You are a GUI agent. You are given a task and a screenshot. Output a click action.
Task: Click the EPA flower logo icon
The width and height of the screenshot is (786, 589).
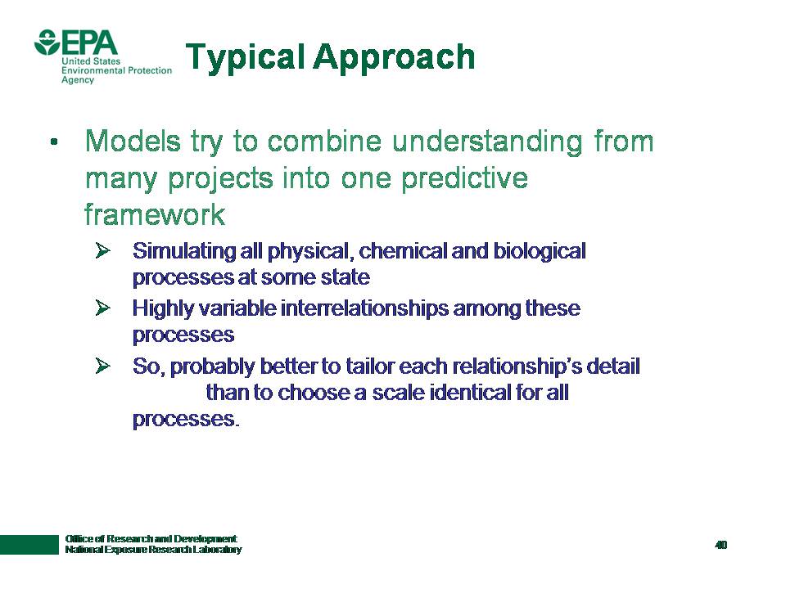47,42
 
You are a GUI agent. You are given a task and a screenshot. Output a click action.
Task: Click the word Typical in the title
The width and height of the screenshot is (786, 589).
245,57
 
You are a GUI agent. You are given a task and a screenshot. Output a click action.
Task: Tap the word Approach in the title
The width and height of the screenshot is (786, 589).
394,57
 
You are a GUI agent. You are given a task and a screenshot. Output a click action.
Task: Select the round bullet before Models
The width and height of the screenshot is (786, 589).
54,142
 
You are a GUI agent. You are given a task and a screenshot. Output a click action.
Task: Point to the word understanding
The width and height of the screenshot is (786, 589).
487,142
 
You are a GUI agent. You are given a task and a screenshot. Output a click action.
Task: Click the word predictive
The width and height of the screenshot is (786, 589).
465,179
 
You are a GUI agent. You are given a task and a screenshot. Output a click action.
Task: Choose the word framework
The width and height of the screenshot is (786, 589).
155,214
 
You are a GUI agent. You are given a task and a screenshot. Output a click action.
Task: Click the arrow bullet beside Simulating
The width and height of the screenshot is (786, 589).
103,250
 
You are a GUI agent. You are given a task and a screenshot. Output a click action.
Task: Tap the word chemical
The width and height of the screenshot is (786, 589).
403,251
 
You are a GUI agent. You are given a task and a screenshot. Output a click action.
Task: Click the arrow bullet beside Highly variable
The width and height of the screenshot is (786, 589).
103,308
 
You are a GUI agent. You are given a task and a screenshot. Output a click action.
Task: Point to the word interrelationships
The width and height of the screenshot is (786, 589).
364,308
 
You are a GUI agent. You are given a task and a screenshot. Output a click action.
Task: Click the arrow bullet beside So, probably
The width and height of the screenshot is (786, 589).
103,366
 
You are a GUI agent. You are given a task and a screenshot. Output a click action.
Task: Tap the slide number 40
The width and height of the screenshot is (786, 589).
720,545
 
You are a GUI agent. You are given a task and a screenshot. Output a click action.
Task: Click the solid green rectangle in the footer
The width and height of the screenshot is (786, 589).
29,545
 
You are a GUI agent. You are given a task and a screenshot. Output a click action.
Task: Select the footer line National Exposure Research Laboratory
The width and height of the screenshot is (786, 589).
153,550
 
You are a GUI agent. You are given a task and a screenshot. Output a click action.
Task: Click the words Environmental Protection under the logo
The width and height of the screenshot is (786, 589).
116,70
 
